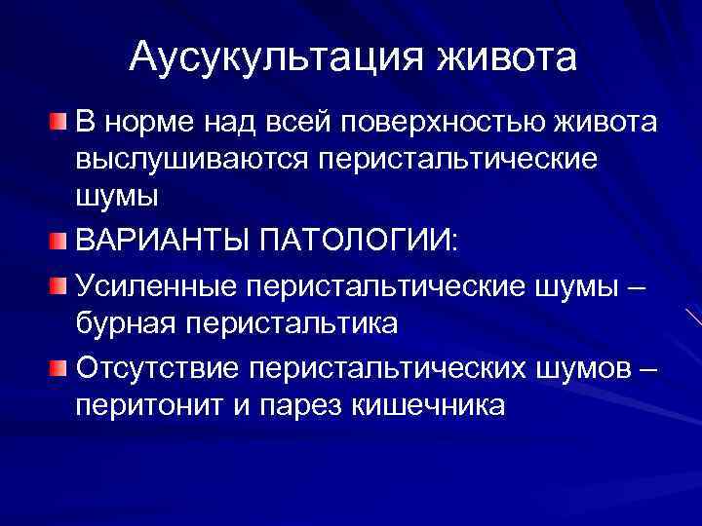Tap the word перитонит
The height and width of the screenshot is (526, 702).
146,406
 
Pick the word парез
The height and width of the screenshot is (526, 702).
292,406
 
